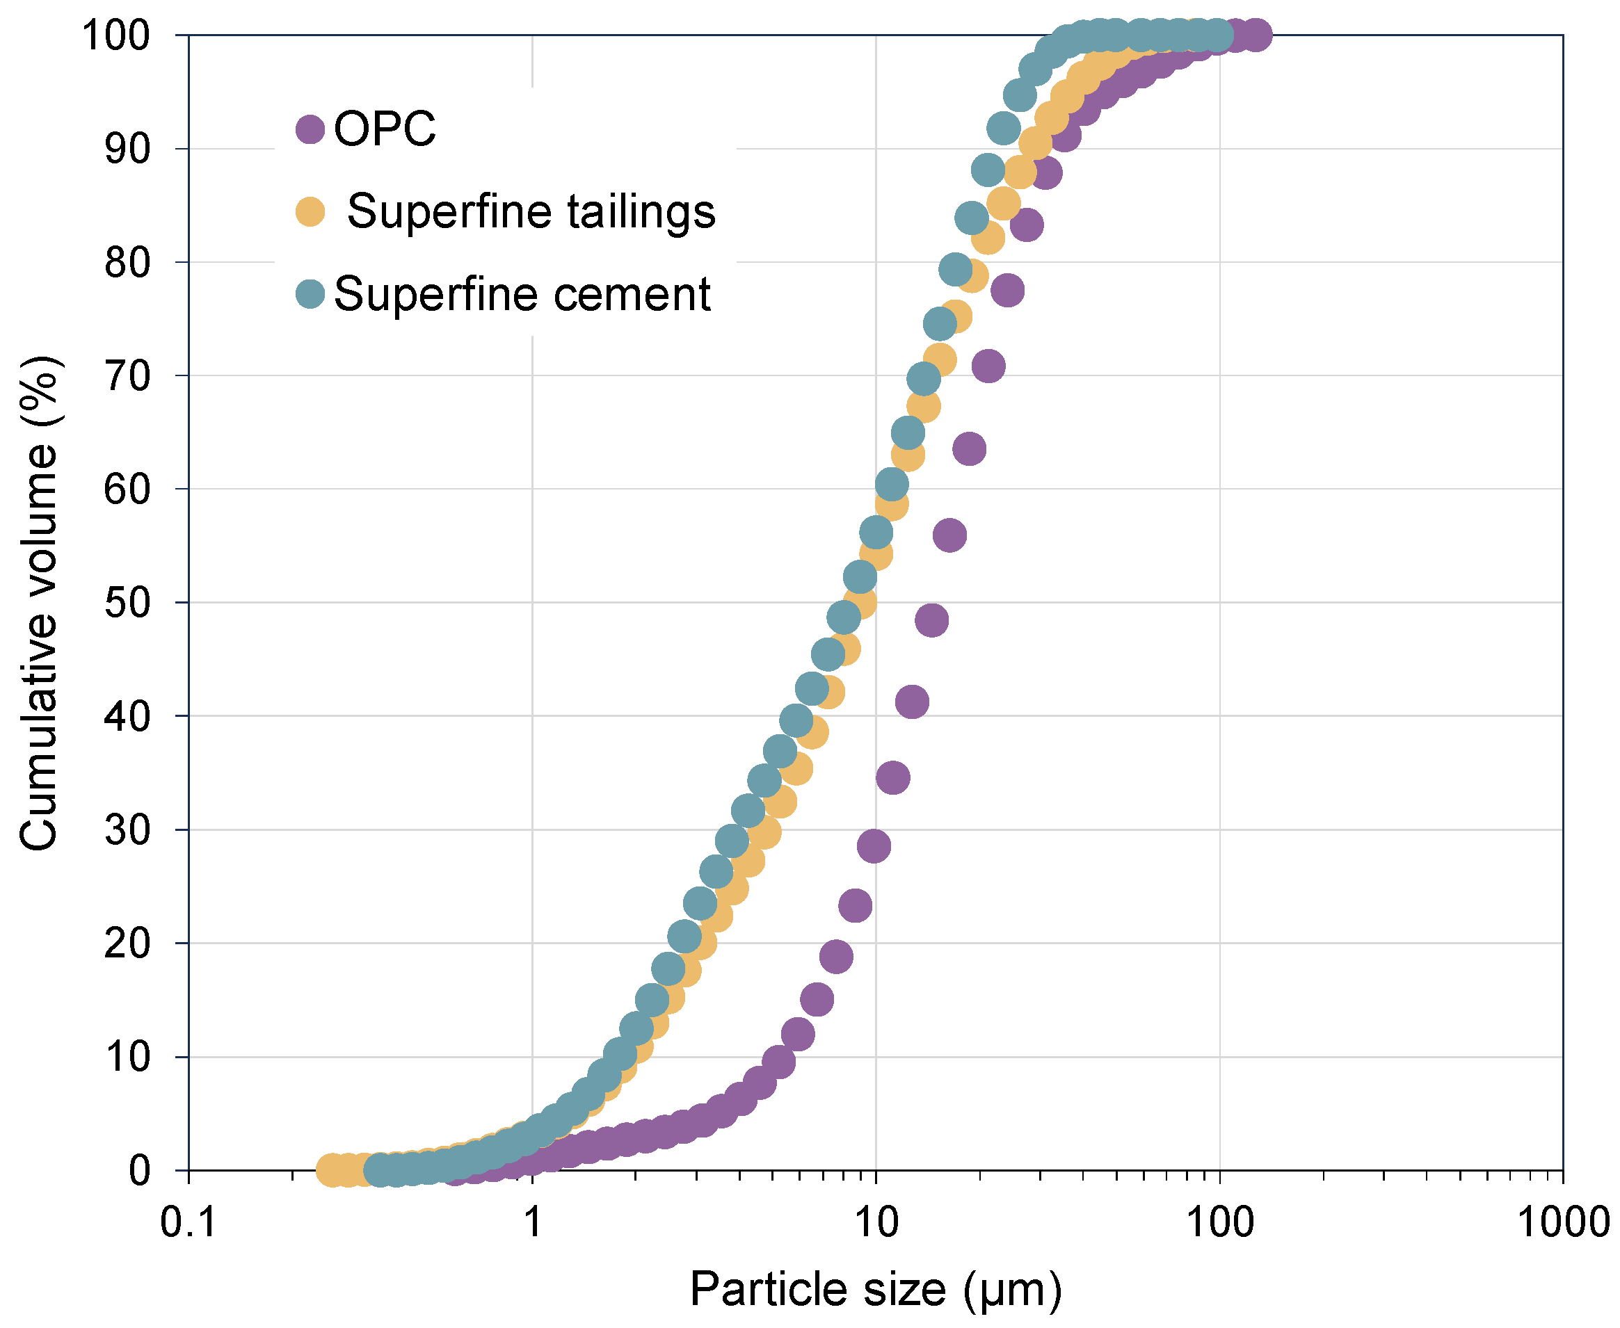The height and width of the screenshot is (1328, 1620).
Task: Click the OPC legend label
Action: point(384,128)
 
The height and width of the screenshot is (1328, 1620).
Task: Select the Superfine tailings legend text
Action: point(531,211)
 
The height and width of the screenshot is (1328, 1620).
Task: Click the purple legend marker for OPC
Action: point(310,129)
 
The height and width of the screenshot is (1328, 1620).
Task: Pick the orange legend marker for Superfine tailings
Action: point(310,212)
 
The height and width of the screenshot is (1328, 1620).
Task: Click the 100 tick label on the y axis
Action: point(115,35)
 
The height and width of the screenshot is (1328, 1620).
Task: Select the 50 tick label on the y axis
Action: point(127,604)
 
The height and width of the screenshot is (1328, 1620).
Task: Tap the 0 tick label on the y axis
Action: point(138,1171)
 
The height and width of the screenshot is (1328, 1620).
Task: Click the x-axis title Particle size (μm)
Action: point(876,1290)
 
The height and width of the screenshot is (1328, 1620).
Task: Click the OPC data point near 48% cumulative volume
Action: point(931,620)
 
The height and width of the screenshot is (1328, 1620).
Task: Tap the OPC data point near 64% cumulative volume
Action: point(970,449)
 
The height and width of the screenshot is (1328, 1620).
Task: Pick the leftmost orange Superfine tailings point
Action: point(332,1169)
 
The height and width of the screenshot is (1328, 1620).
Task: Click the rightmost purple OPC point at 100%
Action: point(1256,35)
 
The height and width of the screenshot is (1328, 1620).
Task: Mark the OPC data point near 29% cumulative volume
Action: point(874,846)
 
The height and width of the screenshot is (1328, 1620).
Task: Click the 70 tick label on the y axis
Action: point(127,376)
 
